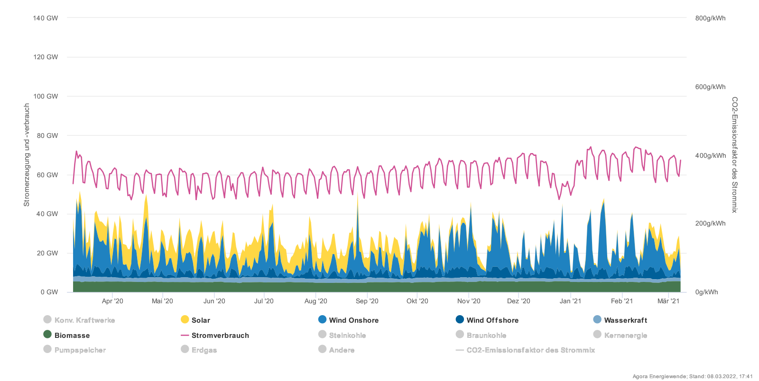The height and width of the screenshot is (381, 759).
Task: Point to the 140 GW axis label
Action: (x=46, y=18)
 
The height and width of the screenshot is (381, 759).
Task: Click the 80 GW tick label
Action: (x=47, y=136)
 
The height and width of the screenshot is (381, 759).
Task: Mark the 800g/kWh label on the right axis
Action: (x=710, y=18)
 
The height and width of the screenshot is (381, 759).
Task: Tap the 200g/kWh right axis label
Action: (x=710, y=223)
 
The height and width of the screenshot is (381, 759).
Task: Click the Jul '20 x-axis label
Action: (x=264, y=301)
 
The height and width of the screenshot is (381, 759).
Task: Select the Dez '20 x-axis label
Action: (x=518, y=301)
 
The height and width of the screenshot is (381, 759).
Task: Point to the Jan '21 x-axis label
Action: (x=570, y=301)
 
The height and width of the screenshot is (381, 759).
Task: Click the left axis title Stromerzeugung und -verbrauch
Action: (x=27, y=155)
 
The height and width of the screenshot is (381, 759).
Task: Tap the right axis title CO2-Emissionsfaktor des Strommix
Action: (x=734, y=155)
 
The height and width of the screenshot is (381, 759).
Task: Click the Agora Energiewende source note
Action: (x=692, y=376)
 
